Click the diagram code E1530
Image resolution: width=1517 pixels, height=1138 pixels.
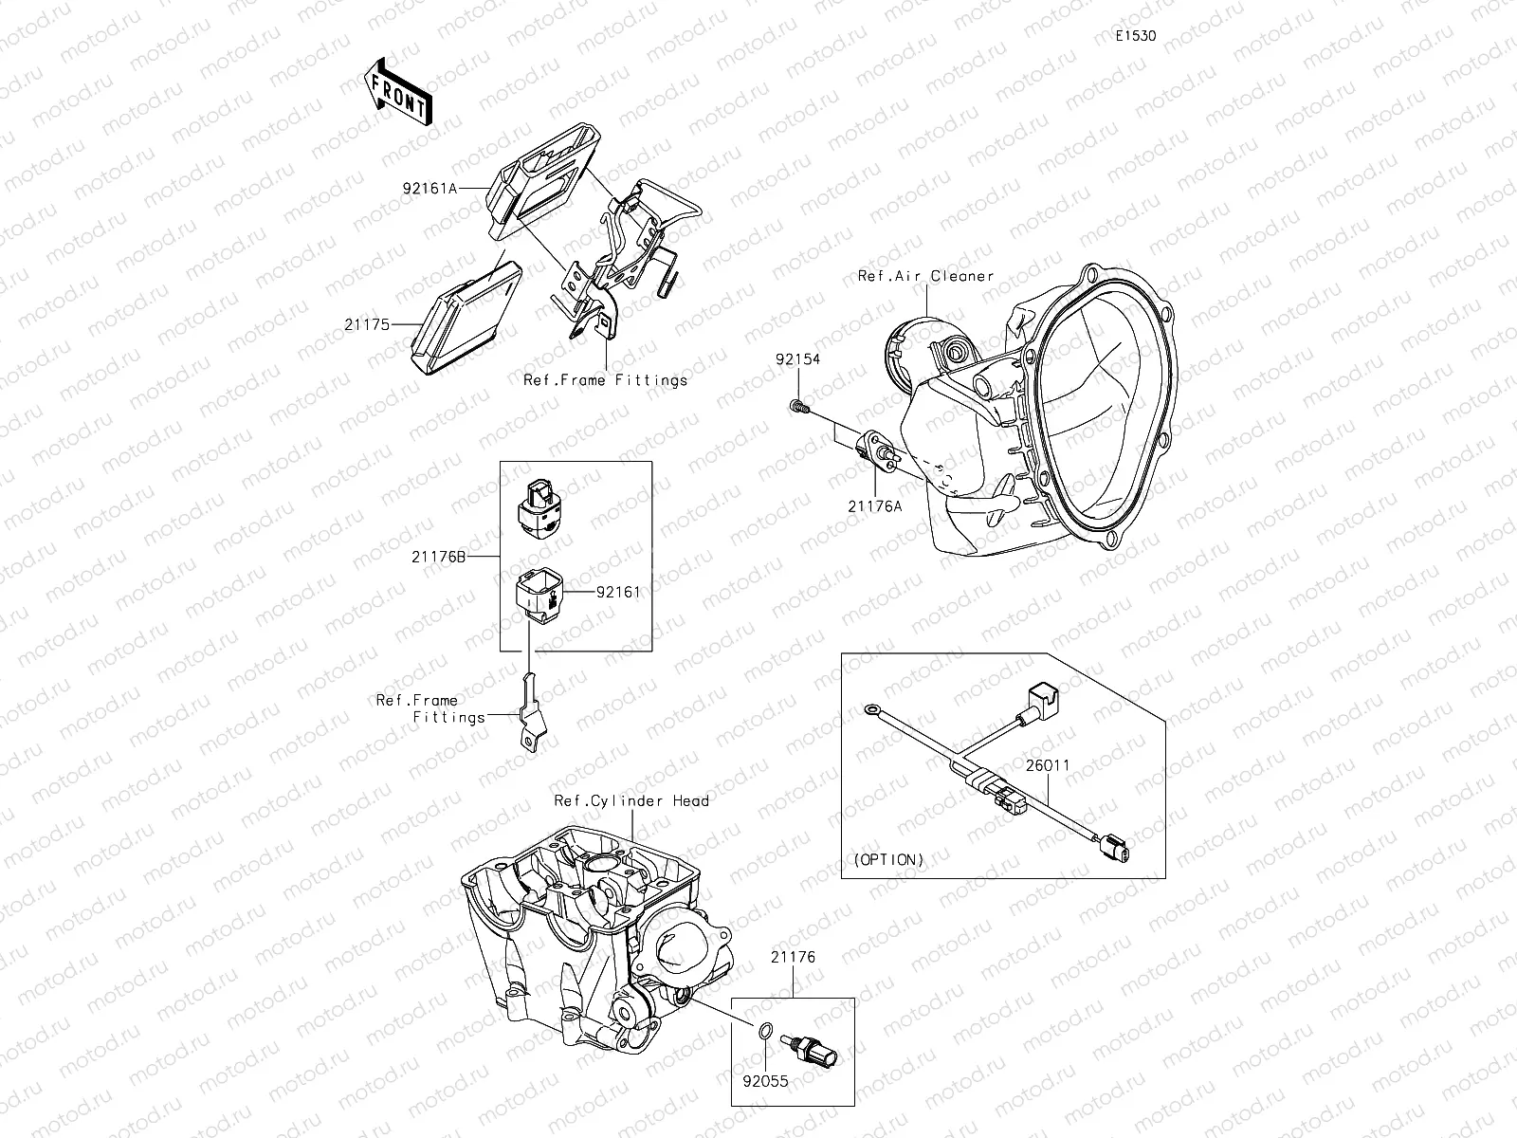coord(1135,36)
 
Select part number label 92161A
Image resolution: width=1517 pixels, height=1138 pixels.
coord(429,188)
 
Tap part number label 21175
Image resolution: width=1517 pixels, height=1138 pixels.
coord(367,324)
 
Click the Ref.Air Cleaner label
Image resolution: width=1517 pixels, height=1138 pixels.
coord(925,276)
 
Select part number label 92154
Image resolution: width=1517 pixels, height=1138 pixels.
coord(797,360)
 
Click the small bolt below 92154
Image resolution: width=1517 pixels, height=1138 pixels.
coord(797,407)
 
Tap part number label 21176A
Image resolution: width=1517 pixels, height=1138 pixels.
coord(874,505)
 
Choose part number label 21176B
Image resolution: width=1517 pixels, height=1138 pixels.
coord(438,557)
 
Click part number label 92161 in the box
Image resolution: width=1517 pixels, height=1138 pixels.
coord(618,592)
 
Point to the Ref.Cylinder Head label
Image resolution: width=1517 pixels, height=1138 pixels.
coord(631,800)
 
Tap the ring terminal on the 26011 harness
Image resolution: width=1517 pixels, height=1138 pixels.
coord(870,708)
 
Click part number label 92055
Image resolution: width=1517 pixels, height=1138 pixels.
coord(766,1080)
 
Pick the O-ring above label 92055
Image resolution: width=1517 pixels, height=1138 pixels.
coord(767,1032)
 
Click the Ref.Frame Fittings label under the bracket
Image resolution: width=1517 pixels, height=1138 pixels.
coord(605,380)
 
